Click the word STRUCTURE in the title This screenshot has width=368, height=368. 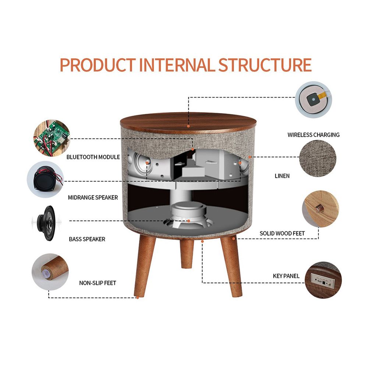point(265,65)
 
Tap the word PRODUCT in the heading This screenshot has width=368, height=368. point(98,65)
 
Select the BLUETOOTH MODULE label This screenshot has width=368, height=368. point(93,157)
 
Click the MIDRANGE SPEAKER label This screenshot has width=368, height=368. point(93,198)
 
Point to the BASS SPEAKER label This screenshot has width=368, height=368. point(87,239)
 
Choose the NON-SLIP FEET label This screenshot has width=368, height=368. point(98,283)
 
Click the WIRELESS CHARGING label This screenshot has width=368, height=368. point(314,135)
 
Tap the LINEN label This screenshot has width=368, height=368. point(282,176)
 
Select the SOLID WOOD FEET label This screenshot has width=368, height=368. point(282,234)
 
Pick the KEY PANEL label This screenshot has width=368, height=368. point(286,276)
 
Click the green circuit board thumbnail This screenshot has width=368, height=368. point(52,138)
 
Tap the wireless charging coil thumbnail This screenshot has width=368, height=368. point(314,99)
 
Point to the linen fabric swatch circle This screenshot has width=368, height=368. point(318,158)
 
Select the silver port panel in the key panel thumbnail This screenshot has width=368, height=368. point(323,280)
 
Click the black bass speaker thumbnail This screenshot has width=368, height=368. point(46,223)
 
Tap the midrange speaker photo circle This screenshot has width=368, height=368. point(45,179)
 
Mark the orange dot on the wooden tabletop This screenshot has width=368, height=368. point(188,126)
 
